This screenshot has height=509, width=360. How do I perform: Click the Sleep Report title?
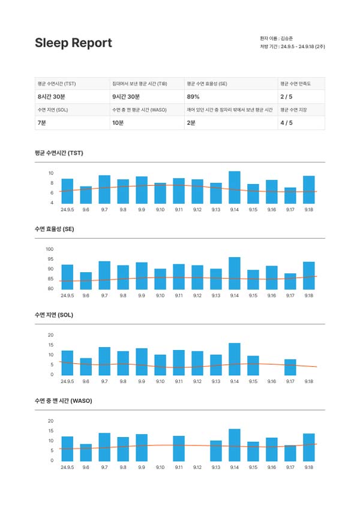(x=73, y=43)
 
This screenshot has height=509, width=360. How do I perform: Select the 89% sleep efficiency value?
(x=193, y=97)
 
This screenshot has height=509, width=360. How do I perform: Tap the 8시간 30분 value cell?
(x=52, y=97)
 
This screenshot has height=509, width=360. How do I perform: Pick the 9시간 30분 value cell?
(x=126, y=97)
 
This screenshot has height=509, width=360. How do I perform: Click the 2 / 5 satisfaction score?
(x=287, y=97)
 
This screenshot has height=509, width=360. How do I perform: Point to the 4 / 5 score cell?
(x=287, y=123)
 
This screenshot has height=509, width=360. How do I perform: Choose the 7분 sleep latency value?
(x=41, y=123)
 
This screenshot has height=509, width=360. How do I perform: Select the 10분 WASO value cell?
(x=118, y=123)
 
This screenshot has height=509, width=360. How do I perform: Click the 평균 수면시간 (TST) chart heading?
(x=59, y=153)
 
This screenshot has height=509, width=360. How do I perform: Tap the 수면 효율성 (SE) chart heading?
(x=55, y=229)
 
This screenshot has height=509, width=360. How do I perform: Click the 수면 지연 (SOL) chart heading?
(x=54, y=315)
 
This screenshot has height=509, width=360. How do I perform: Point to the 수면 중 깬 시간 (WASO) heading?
(x=64, y=400)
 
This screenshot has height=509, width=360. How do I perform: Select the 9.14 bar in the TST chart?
(x=235, y=188)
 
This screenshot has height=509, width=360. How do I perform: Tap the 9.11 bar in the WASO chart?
(x=179, y=448)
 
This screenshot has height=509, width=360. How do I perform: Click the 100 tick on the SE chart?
(x=50, y=249)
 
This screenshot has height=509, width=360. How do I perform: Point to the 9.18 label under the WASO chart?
(x=309, y=467)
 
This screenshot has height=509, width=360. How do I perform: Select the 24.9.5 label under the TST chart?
(x=67, y=210)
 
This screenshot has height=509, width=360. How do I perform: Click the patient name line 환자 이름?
(x=277, y=38)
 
